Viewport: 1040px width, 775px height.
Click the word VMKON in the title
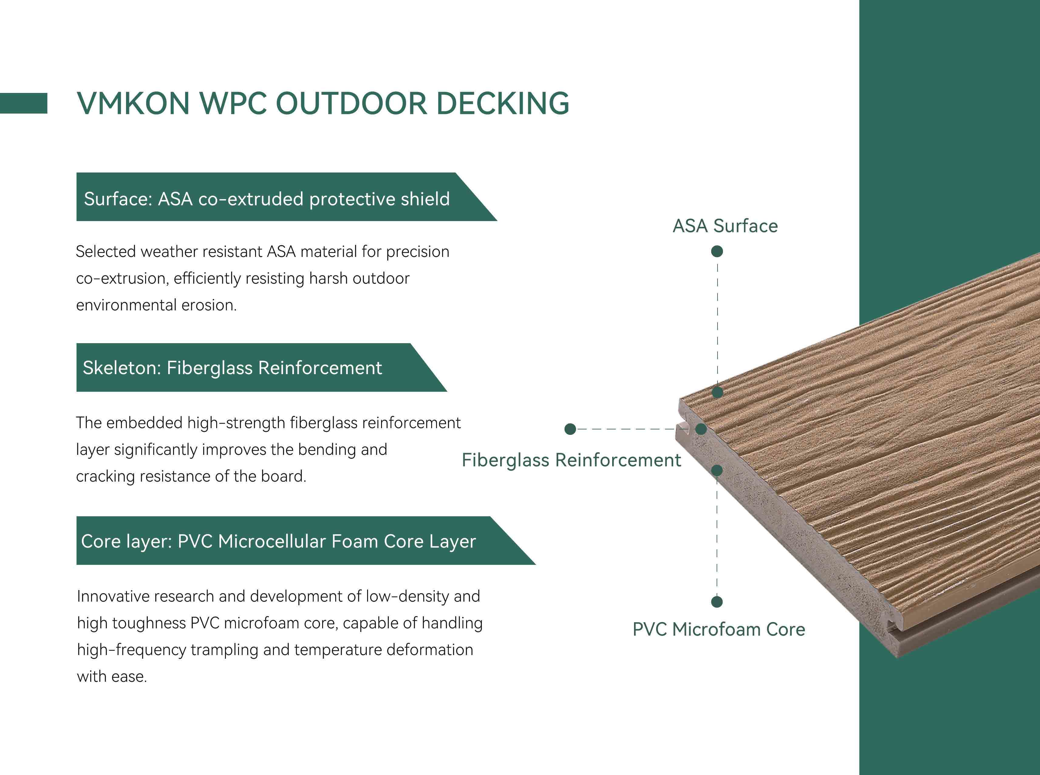133,103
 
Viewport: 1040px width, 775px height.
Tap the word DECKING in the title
503,103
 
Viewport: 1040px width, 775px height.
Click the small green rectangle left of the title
23,103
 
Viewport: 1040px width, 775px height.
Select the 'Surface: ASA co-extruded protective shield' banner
286,197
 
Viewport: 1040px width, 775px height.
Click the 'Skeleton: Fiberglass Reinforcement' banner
261,367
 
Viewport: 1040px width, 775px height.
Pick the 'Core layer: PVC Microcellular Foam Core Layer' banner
305,541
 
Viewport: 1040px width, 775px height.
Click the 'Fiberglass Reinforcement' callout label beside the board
571,460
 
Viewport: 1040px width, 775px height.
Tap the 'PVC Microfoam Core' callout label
719,630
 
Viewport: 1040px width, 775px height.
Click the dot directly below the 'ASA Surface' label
717,251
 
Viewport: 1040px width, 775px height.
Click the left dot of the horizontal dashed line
570,429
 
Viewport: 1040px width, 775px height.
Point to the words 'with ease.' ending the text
112,677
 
